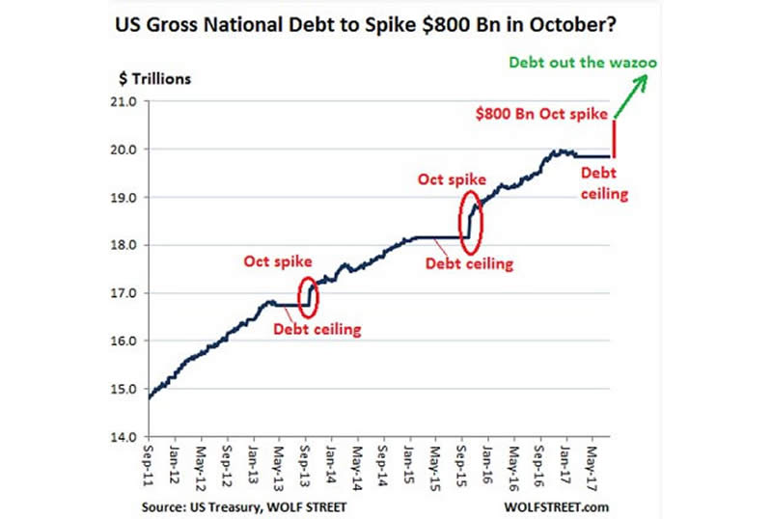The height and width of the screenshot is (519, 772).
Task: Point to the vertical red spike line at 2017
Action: [x=615, y=138]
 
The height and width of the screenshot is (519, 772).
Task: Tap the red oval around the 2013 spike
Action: [x=308, y=295]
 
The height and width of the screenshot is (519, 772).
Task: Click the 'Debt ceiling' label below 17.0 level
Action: [x=317, y=330]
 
